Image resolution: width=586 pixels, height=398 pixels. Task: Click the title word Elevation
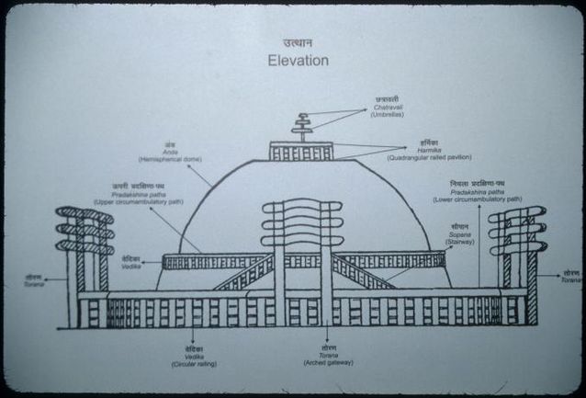coord(298,61)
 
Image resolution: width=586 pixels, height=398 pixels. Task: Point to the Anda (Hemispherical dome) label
coord(170,153)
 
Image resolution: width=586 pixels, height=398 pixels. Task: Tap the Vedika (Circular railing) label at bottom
coord(194,358)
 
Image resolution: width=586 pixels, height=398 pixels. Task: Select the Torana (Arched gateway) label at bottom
coord(328,357)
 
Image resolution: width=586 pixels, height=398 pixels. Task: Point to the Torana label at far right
coord(571,276)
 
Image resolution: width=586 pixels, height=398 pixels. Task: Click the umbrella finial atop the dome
coord(301,126)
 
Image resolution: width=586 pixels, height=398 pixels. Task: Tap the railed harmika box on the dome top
coord(301,152)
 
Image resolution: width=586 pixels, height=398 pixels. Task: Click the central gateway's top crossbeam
coord(301,207)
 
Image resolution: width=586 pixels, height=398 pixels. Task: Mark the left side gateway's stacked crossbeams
coord(85,230)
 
